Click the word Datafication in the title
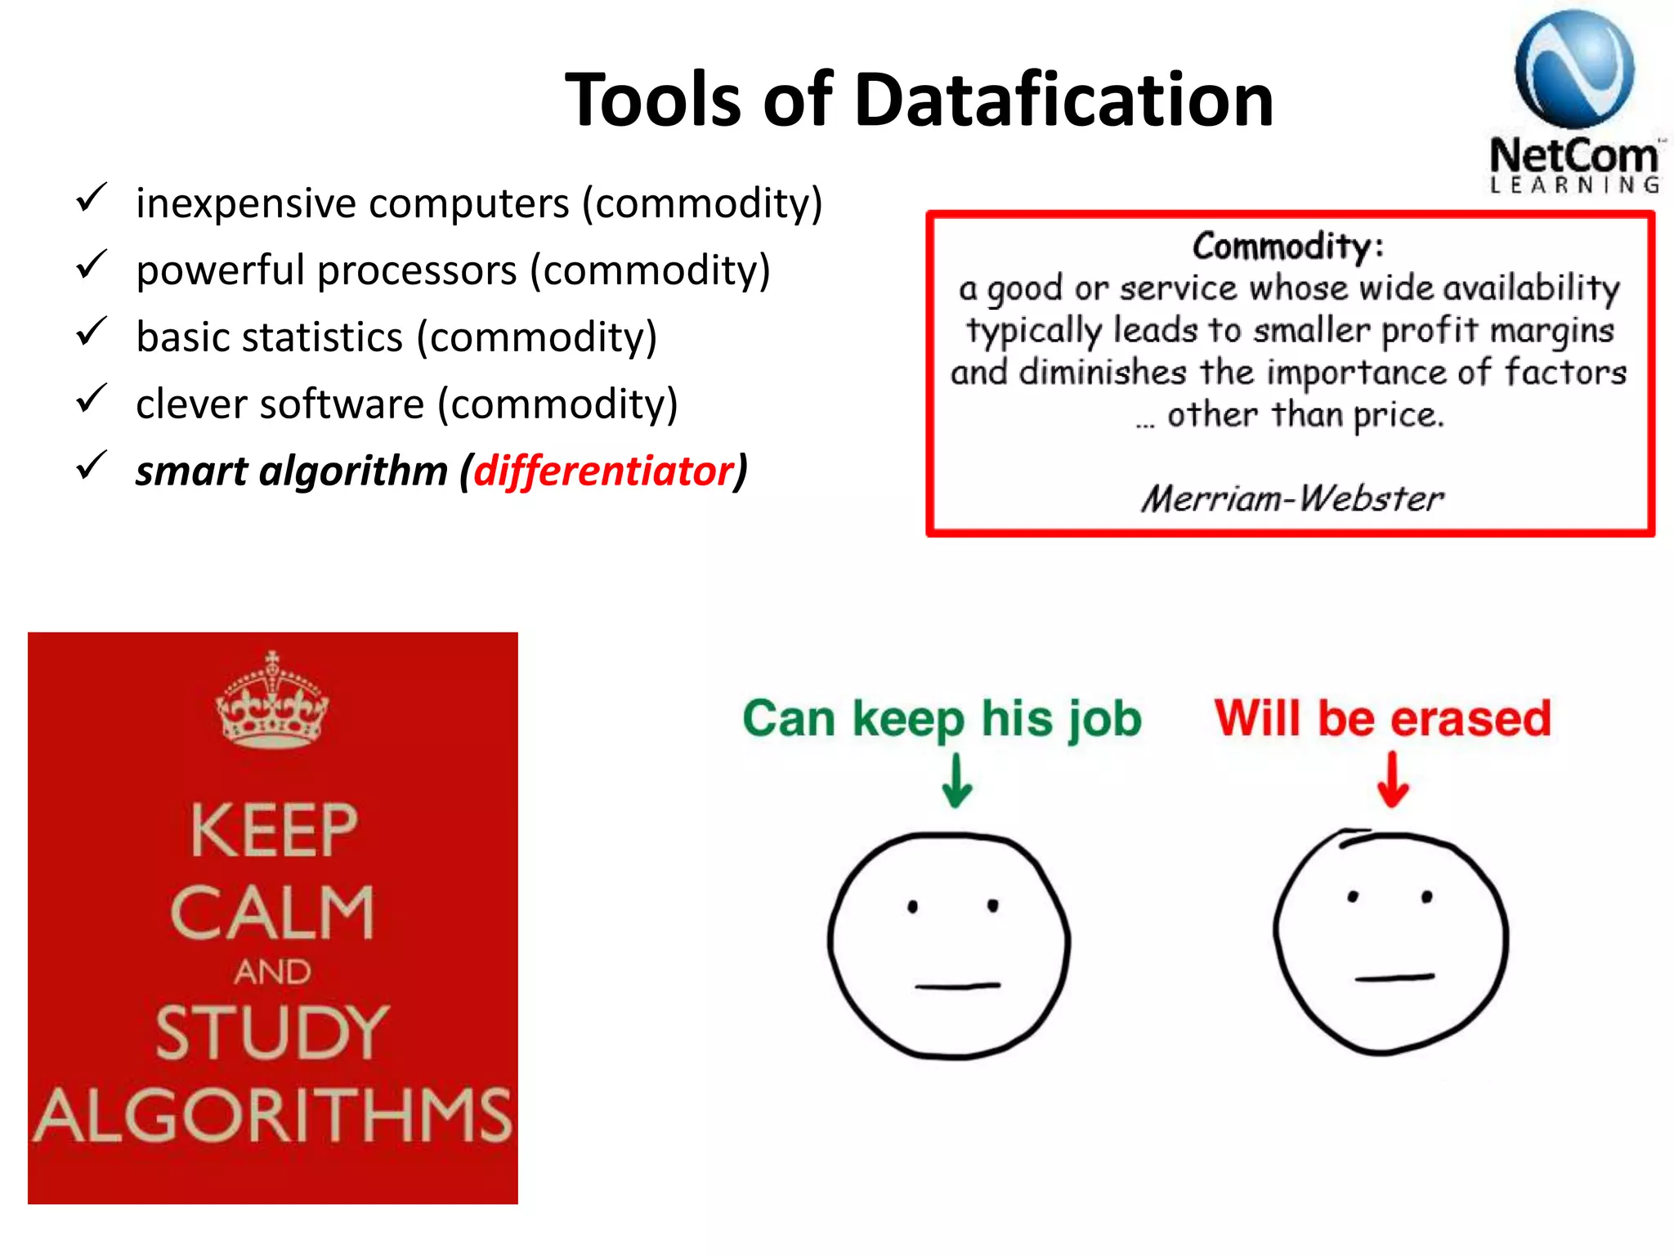[x=1063, y=100]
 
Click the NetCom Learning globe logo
[x=1573, y=70]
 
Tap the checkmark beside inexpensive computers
[x=91, y=199]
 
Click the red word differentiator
[x=603, y=471]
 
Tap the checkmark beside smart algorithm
[x=91, y=467]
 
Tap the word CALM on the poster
[x=272, y=913]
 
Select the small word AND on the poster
[x=272, y=972]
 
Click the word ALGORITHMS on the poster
[x=272, y=1115]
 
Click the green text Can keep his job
[x=942, y=719]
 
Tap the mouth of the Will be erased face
[x=1394, y=977]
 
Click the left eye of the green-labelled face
[x=913, y=906]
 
